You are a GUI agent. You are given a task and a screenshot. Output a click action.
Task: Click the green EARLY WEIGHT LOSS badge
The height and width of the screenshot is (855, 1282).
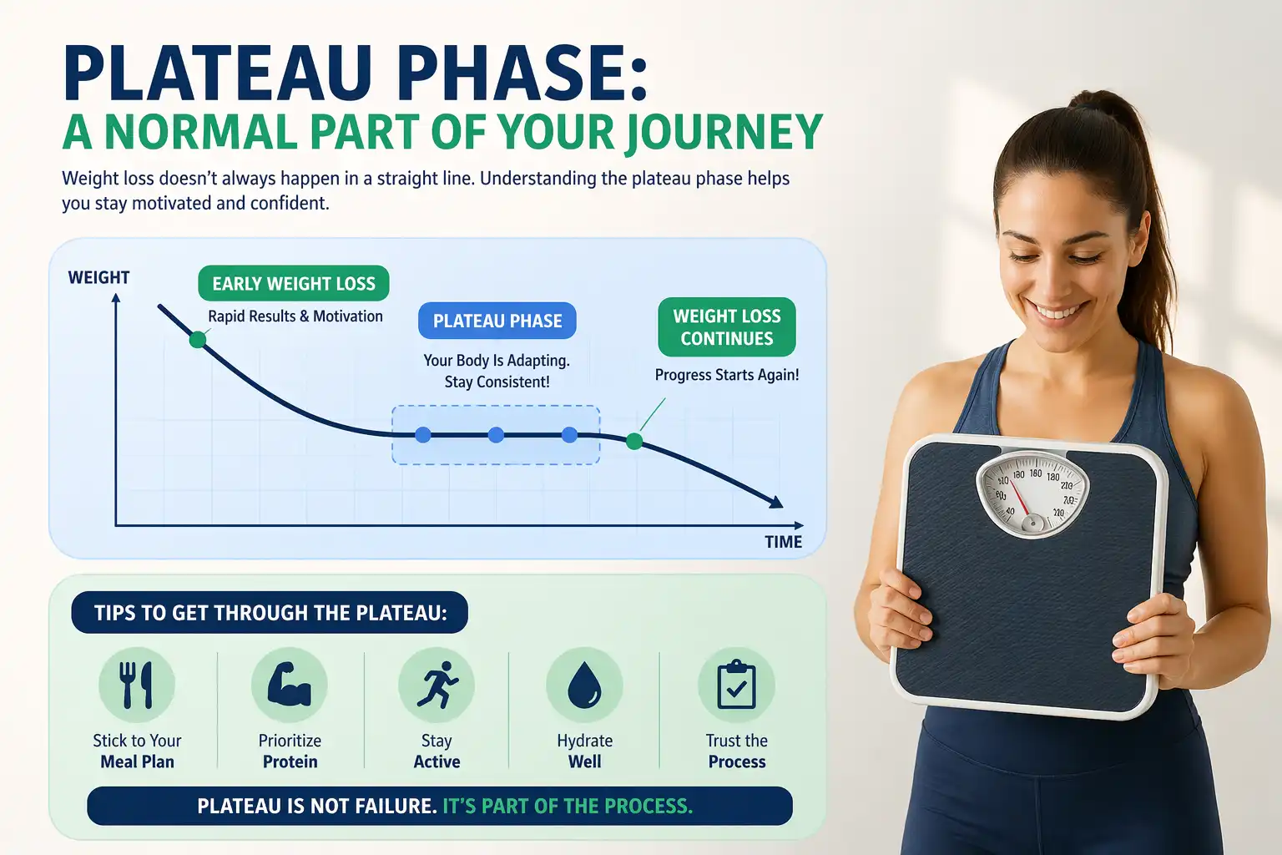[294, 284]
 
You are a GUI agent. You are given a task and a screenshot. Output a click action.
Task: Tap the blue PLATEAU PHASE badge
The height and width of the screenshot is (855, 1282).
[497, 321]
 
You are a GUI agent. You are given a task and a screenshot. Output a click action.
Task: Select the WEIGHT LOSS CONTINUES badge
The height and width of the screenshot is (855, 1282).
[727, 327]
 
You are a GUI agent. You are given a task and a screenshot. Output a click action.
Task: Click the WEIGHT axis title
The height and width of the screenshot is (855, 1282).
[98, 277]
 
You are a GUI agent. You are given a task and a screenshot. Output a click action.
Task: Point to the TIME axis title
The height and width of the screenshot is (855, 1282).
[783, 542]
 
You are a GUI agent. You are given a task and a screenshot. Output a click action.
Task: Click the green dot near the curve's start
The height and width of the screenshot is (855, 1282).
[198, 339]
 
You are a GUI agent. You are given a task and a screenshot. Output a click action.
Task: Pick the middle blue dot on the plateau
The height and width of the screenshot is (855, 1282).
[496, 435]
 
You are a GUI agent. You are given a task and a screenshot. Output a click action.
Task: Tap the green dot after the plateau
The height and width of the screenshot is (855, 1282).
[634, 441]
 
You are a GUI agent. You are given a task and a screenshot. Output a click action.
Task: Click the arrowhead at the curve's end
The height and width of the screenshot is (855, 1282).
[776, 502]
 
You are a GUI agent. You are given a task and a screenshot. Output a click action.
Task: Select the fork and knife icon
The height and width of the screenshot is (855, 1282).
[137, 685]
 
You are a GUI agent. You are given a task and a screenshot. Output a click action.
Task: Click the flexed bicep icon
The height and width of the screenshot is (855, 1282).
[290, 685]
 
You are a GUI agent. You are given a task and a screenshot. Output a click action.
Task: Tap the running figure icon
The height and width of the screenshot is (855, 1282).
[437, 685]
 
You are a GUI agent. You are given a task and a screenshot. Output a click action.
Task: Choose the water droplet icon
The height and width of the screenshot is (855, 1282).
[584, 685]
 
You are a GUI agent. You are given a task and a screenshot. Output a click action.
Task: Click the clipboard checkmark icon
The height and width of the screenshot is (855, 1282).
[736, 685]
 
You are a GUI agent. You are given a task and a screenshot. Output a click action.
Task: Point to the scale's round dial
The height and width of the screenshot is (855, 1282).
[1032, 494]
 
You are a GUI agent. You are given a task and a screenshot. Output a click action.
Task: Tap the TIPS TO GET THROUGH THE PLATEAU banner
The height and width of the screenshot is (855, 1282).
[270, 613]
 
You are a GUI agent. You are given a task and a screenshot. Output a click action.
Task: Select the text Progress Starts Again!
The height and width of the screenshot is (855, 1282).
[727, 375]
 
